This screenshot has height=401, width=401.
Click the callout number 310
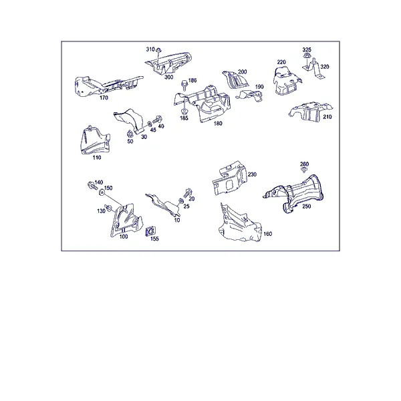coord(150,49)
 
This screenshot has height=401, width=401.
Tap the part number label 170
coord(104,98)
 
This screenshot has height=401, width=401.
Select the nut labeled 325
coord(306,56)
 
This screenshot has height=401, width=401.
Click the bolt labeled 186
coord(184,84)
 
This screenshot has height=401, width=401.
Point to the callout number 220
coord(281,62)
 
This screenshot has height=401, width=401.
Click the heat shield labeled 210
coord(311,112)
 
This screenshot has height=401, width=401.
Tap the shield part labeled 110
coord(95,140)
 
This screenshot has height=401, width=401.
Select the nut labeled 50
coord(130,134)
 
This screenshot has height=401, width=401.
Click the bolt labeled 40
coord(157,120)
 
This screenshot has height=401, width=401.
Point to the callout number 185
coord(184,118)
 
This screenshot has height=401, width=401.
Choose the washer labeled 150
coord(102,192)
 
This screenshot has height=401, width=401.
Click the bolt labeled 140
coord(92,185)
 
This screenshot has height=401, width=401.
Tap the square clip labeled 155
coord(149,231)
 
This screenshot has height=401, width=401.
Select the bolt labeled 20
coord(188,192)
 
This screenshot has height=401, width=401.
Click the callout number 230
coord(252,174)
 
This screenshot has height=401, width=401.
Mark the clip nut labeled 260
coord(304,170)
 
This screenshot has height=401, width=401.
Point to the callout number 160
coord(268,234)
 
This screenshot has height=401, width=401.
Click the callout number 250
coord(306,206)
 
